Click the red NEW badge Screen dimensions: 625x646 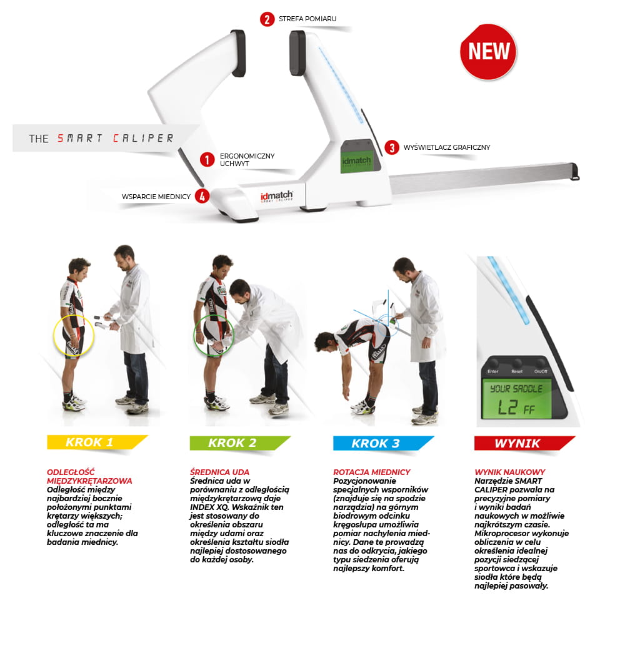coord(488,52)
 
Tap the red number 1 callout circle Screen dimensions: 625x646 coord(207,159)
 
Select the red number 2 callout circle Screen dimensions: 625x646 coord(267,19)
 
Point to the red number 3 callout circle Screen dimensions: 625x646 coord(391,147)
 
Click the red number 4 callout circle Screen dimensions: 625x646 coord(202,196)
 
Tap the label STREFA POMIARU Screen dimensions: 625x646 coord(307,19)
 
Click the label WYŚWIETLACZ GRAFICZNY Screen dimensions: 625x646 coord(447,147)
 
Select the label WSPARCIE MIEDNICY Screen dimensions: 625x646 coord(156,197)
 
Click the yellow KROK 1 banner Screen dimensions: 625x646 coord(97,442)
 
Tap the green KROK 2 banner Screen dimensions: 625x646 coord(240,443)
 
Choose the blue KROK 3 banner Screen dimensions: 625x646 coord(383,443)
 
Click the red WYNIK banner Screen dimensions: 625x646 coord(524,443)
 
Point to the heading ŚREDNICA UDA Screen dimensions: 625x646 coord(219,472)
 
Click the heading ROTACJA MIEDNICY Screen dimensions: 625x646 coord(372,472)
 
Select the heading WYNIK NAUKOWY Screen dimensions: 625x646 coord(509,472)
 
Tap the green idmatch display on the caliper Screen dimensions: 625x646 coord(356,160)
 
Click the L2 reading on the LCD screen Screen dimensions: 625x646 coord(507,408)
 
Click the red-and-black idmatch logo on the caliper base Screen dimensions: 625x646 coord(276,196)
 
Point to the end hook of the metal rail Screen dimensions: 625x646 coord(574,172)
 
